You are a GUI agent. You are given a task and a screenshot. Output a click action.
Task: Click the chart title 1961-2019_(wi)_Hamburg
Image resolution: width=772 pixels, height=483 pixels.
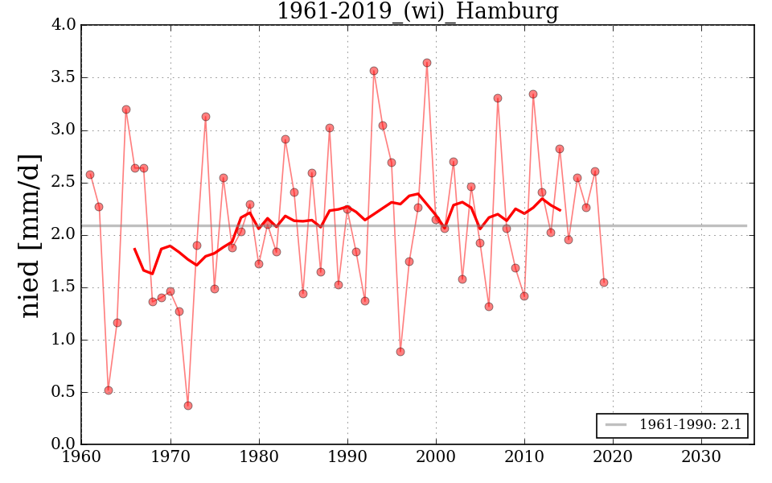(417, 11)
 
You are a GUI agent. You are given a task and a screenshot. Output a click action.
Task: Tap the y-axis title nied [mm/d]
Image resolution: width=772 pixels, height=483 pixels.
(31, 235)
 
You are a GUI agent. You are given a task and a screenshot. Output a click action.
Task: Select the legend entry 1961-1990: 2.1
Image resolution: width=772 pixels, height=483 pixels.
(672, 425)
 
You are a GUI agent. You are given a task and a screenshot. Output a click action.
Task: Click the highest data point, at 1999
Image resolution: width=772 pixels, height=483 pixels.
(427, 63)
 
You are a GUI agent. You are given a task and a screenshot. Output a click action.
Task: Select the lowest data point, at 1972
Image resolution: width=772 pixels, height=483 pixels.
(188, 406)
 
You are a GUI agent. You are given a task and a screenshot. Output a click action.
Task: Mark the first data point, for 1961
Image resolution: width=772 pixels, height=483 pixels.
(90, 175)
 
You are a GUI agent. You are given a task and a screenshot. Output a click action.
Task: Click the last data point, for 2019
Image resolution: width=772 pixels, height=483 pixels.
(604, 283)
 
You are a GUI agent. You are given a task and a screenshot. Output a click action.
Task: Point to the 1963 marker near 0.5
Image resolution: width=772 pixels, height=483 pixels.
(109, 390)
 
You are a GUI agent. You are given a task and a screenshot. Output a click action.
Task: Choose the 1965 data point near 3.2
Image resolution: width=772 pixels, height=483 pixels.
(126, 109)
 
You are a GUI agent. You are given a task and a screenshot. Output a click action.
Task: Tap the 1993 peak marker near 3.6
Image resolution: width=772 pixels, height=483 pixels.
(374, 71)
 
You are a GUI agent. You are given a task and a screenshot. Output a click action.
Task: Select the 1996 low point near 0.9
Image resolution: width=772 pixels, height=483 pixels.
(400, 352)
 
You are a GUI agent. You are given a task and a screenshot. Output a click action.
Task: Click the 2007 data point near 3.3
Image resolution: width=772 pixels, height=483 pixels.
(498, 98)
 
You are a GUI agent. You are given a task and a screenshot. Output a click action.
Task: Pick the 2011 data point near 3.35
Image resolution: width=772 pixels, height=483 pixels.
(533, 94)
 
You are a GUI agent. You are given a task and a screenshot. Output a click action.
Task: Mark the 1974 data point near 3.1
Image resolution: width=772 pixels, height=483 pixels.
(206, 117)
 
